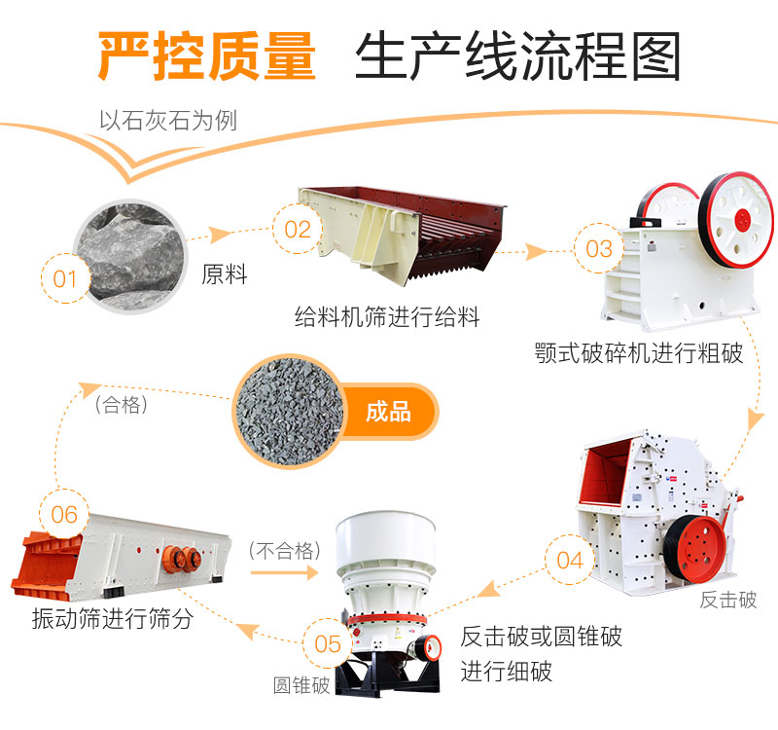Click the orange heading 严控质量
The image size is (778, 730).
pyautogui.click(x=207, y=55)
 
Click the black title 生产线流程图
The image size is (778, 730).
pyautogui.click(x=518, y=55)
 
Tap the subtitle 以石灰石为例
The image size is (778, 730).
pyautogui.click(x=168, y=122)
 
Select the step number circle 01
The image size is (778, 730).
pyautogui.click(x=65, y=279)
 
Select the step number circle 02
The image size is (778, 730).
pyautogui.click(x=298, y=230)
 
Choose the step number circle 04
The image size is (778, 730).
pyautogui.click(x=570, y=560)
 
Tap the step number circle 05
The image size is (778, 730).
pyautogui.click(x=328, y=644)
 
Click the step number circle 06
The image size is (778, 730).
pyautogui.click(x=64, y=513)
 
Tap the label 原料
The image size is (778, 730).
pyautogui.click(x=225, y=275)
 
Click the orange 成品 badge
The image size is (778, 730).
pyautogui.click(x=388, y=412)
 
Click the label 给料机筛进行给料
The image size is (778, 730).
pyautogui.click(x=387, y=317)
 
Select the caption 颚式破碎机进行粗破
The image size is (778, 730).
pyautogui.click(x=638, y=352)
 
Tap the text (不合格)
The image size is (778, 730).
pyautogui.click(x=285, y=551)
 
